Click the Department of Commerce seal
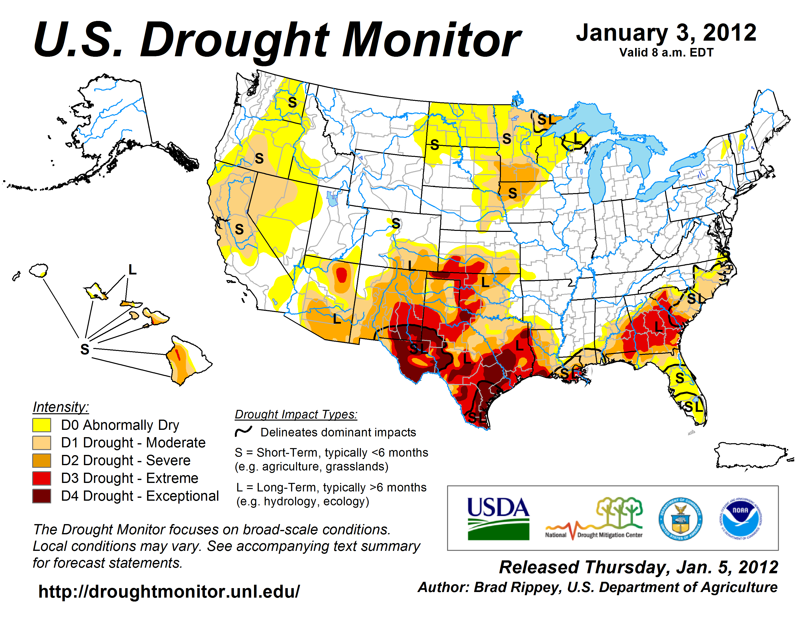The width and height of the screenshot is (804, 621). coord(680,519)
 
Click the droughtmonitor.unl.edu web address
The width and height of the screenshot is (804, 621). coord(169,592)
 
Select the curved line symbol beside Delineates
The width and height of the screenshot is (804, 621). coord(243,431)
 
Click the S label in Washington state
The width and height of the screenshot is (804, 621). coord(292,102)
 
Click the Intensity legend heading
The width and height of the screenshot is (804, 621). coord(61,407)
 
